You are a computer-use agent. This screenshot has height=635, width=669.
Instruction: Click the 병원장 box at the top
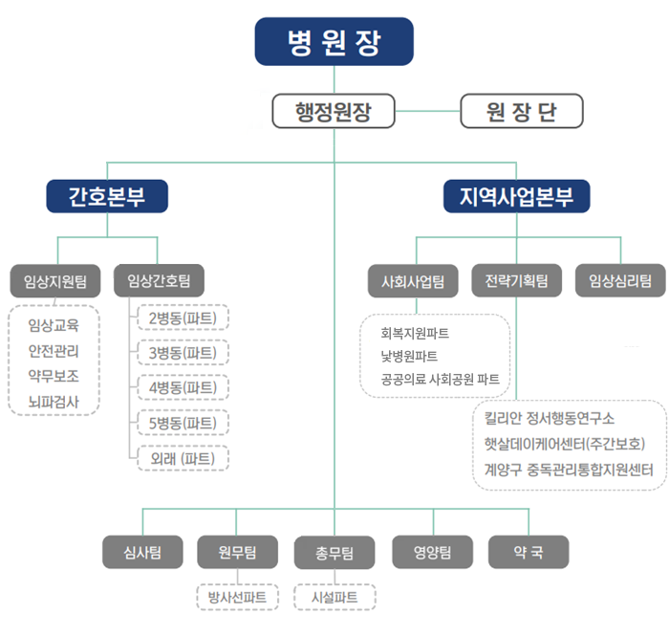tap(334, 42)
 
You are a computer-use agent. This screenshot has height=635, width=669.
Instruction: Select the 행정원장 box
tap(334, 112)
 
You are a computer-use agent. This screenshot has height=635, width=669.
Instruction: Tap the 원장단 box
tap(521, 112)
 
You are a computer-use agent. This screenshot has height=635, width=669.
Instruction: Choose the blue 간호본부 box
tap(107, 196)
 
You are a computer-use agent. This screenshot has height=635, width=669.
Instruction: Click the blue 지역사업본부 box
tap(517, 196)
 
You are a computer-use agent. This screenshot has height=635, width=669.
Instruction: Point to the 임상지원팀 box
tap(54, 281)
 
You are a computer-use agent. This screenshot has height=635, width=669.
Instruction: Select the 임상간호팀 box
tap(159, 281)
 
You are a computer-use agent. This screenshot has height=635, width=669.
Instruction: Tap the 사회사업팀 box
tap(414, 281)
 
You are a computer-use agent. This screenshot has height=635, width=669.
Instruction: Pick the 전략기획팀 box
tap(516, 281)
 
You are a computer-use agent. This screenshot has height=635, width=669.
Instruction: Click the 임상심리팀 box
tap(620, 281)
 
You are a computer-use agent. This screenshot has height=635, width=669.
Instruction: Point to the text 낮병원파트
tap(409, 356)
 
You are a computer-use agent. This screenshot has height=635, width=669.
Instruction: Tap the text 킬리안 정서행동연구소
tap(550, 419)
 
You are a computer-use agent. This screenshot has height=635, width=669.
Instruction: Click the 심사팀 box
tap(142, 552)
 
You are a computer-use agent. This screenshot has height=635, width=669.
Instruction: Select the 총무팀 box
tap(334, 552)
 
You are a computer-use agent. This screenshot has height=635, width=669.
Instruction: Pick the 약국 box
tap(529, 552)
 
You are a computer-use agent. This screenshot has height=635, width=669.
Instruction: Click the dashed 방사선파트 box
tap(238, 597)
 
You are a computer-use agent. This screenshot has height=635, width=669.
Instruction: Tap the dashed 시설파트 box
tap(334, 597)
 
